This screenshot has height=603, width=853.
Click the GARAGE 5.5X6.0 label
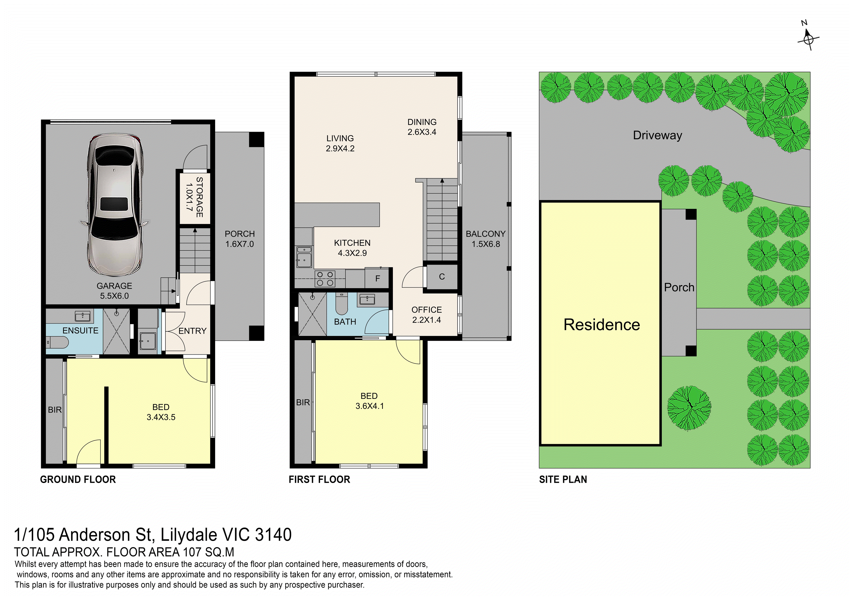(x=114, y=291)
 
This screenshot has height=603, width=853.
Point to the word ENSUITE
(x=80, y=330)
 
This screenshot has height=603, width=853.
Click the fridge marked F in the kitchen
(x=377, y=278)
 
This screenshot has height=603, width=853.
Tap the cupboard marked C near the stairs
(x=442, y=277)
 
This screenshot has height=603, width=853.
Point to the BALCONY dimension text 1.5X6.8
(x=486, y=244)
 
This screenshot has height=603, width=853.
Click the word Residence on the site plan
(x=602, y=325)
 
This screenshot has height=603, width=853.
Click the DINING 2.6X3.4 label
(x=422, y=127)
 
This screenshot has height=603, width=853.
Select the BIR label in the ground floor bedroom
(x=55, y=410)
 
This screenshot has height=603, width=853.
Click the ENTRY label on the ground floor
(x=192, y=331)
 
